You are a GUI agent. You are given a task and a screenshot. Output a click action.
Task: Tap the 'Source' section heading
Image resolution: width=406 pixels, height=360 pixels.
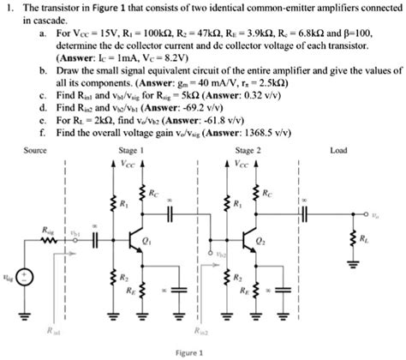pos(35,149)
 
